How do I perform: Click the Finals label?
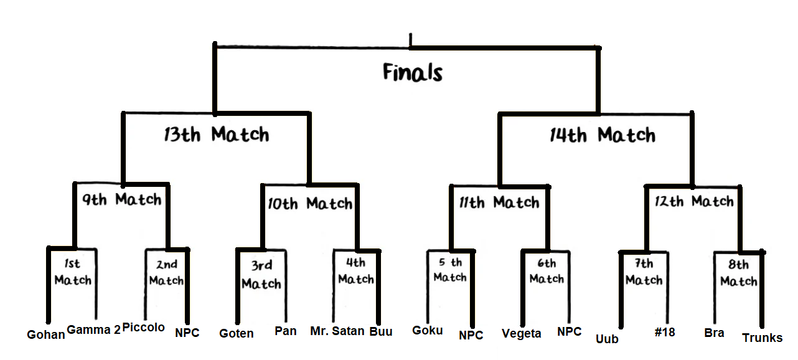[x=412, y=73]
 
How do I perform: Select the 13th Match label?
[x=217, y=135]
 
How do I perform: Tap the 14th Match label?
[x=603, y=135]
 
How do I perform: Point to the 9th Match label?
[x=122, y=200]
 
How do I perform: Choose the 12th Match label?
[x=693, y=202]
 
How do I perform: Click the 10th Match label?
[x=310, y=204]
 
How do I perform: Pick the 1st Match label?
[x=73, y=273]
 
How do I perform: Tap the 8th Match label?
[x=739, y=273]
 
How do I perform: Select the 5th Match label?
[x=450, y=270]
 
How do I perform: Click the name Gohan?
[x=46, y=334]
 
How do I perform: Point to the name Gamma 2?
[x=93, y=330]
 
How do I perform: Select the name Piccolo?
[x=144, y=328]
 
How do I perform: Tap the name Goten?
[x=237, y=333]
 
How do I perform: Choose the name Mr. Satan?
[x=337, y=331]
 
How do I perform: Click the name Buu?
[x=381, y=331]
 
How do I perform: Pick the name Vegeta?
[x=522, y=333]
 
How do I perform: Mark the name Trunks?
[x=763, y=338]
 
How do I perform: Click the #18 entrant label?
[x=665, y=332]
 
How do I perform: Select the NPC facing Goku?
[x=471, y=335]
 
